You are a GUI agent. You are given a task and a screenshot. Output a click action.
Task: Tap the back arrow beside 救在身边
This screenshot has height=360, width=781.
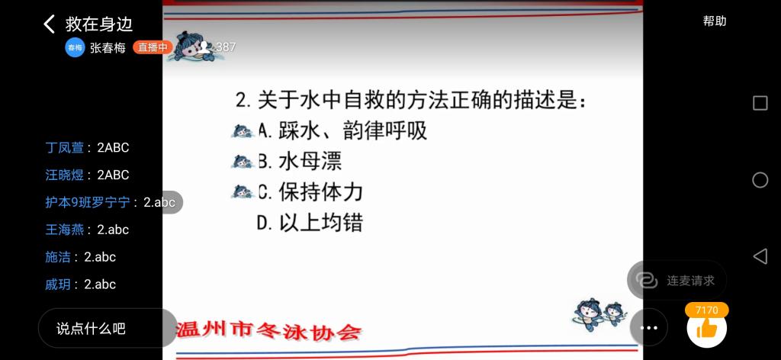(49, 24)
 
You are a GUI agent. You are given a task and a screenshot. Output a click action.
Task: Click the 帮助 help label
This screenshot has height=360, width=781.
(714, 21)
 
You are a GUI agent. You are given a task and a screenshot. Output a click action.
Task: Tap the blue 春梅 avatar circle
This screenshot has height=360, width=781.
(75, 47)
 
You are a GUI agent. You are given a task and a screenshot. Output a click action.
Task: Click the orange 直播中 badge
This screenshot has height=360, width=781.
(153, 47)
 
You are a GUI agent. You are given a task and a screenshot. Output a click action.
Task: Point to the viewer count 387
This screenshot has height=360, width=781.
(226, 47)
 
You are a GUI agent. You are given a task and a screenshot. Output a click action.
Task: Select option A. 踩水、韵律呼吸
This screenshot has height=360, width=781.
(342, 131)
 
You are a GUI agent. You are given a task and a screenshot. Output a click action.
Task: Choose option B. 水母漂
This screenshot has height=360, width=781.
(300, 162)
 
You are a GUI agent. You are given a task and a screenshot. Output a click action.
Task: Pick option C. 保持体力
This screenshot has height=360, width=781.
(310, 192)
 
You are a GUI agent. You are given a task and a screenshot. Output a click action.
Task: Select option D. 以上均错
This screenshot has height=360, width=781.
(310, 223)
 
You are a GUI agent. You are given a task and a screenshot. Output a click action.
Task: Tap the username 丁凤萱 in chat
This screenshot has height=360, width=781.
(64, 148)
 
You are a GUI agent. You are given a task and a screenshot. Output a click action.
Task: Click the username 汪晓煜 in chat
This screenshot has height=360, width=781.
(64, 175)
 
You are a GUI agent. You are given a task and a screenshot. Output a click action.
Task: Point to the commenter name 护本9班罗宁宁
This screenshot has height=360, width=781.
(88, 202)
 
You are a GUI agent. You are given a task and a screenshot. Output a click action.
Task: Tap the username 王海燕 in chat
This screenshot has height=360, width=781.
(64, 230)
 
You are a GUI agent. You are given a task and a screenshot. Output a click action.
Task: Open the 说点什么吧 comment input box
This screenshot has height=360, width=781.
(108, 328)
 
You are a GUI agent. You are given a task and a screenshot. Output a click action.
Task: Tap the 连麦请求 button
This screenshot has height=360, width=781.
(677, 281)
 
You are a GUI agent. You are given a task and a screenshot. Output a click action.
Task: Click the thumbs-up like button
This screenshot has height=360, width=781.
(706, 328)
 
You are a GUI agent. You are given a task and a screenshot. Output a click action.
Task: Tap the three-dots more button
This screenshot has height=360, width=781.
(648, 328)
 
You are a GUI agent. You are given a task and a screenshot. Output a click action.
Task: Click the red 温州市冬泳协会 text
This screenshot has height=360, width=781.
(269, 330)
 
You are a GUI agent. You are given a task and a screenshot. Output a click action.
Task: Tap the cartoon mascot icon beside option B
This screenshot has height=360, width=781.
(243, 162)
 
